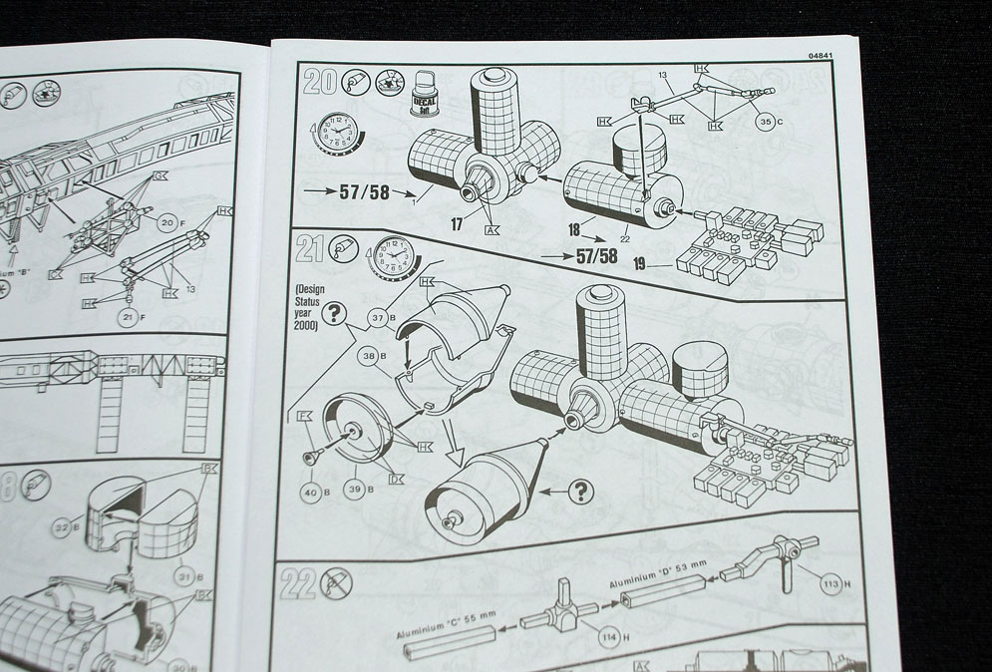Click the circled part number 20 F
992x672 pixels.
pyautogui.click(x=169, y=223)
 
